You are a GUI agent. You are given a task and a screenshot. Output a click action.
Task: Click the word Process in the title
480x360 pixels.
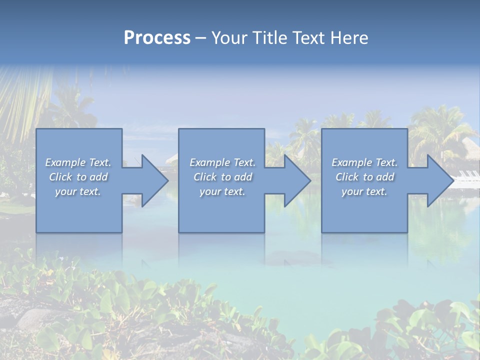(x=157, y=38)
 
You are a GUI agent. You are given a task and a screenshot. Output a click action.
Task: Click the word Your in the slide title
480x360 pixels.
(x=230, y=38)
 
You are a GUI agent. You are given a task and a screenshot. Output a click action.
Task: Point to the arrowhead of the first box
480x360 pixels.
(x=154, y=180)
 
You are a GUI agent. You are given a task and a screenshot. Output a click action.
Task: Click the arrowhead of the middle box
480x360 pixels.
(x=297, y=180)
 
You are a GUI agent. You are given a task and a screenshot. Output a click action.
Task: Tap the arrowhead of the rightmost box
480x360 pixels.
(x=440, y=180)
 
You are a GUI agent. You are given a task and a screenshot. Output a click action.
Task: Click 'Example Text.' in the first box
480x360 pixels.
(x=78, y=162)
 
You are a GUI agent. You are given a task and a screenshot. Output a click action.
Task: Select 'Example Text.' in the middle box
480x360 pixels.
(x=222, y=162)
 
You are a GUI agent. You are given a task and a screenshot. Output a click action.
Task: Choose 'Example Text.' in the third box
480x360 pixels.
(x=364, y=162)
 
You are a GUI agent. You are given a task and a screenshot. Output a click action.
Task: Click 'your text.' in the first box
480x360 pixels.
(x=78, y=191)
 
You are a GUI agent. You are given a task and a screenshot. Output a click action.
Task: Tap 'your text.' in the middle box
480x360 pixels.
(x=222, y=191)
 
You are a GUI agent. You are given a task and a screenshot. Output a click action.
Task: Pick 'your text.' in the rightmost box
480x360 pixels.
(x=364, y=191)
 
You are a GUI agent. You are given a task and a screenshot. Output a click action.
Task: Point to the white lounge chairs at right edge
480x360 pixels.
(x=468, y=175)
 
